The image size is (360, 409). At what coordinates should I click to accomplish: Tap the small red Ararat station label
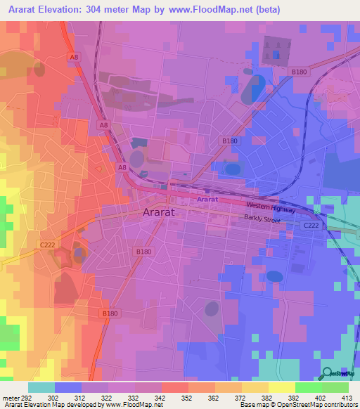tap(207, 200)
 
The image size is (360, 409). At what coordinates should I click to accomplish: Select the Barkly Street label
tap(262, 220)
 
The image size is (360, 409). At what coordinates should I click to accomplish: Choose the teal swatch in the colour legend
tap(41, 387)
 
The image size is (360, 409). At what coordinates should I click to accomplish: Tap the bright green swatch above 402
tap(308, 387)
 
